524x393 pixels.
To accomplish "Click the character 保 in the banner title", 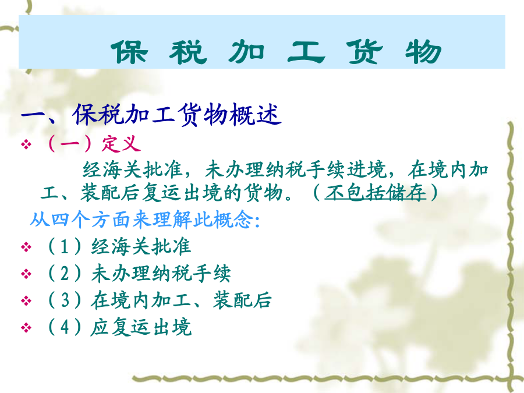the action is point(129,52).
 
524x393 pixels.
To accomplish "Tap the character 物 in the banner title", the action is point(423,52).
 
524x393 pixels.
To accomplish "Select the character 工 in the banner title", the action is point(306,52).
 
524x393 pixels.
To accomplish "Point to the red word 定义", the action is point(121,144).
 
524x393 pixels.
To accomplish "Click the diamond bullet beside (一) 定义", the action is point(26,145).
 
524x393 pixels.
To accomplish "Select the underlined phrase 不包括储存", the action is point(376,193).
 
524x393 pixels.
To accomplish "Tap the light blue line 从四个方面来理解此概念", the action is point(145,220).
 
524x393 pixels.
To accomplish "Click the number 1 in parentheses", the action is point(65,247).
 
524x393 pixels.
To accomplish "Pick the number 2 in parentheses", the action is point(65,274).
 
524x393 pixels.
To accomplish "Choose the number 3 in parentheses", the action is point(65,300).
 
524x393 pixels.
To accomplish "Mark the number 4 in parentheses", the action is point(65,327).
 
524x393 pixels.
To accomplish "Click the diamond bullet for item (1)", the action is point(26,247).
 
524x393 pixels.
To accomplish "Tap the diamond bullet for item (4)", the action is point(26,327).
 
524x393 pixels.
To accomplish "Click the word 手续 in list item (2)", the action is point(211,274).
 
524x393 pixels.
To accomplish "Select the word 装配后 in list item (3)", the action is point(242,300).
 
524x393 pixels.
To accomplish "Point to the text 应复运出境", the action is point(141,327).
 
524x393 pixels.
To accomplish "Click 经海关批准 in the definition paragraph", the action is point(132,169).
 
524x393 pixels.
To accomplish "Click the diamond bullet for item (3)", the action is point(26,301).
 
